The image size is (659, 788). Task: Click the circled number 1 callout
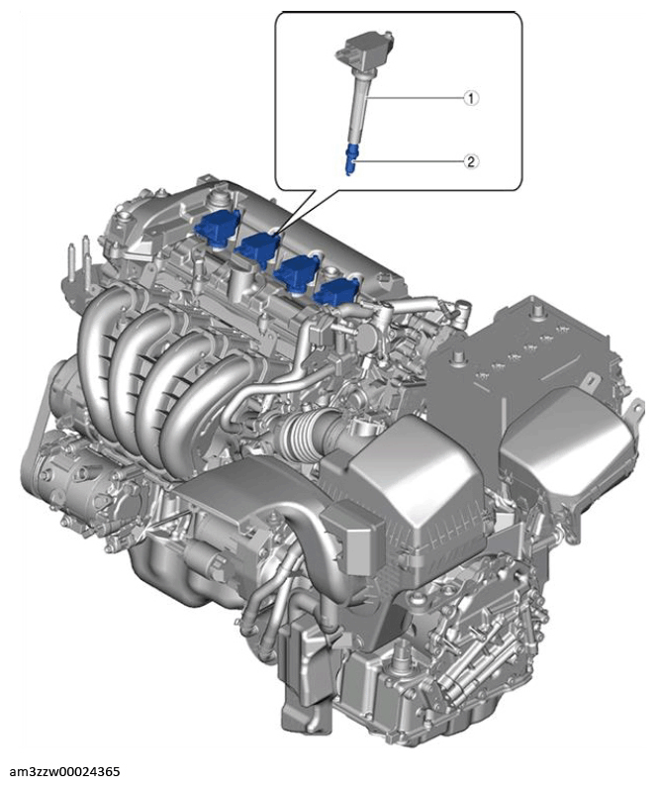471,98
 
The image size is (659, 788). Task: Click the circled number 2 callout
471,161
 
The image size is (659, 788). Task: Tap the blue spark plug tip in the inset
351,158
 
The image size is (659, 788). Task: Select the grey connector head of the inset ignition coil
365,45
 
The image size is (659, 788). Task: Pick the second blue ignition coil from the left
259,246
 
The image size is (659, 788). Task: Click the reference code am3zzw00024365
64,772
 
